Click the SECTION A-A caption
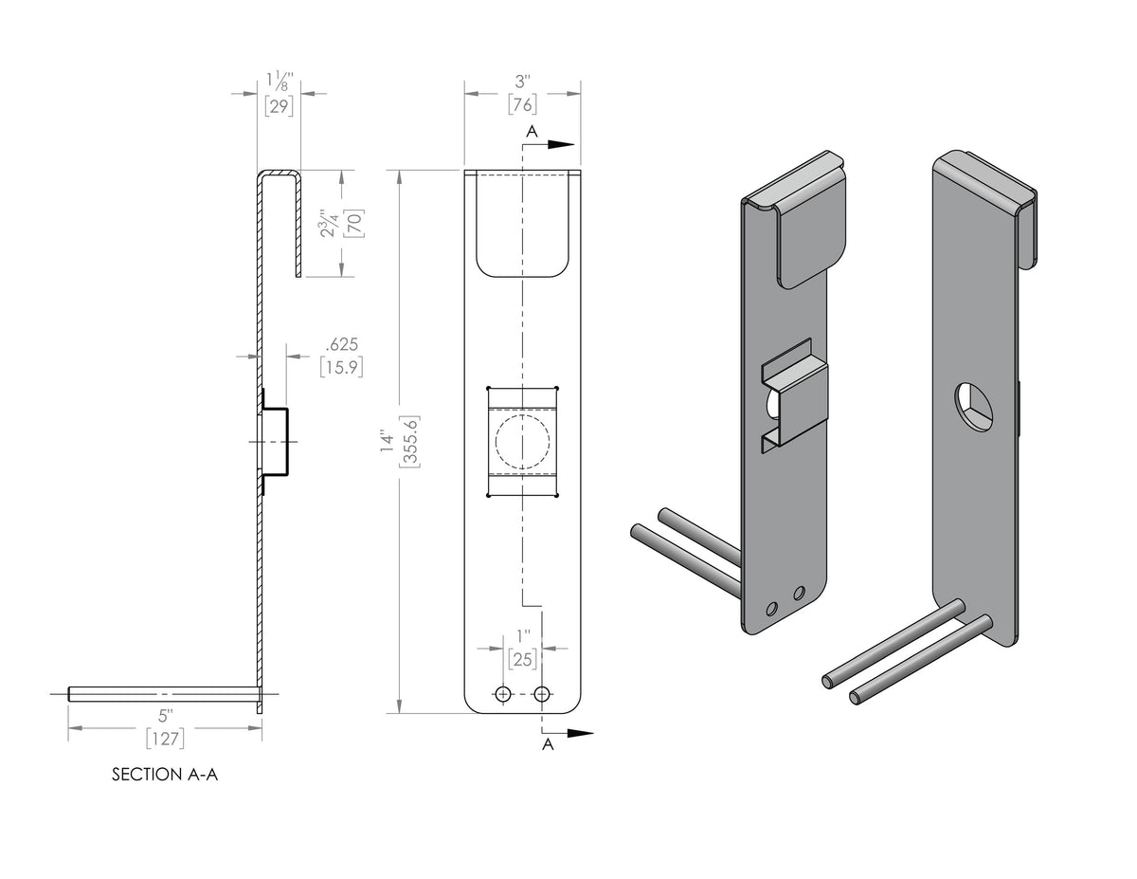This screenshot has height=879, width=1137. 165,775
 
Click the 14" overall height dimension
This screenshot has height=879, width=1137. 388,443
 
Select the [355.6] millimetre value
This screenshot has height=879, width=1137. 409,442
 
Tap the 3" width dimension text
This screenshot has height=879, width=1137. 523,82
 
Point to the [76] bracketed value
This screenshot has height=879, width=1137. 523,104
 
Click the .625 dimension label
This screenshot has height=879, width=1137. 342,344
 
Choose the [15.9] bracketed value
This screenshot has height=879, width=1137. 342,368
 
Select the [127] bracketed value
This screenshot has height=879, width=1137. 166,739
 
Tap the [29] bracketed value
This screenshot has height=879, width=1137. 279,106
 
